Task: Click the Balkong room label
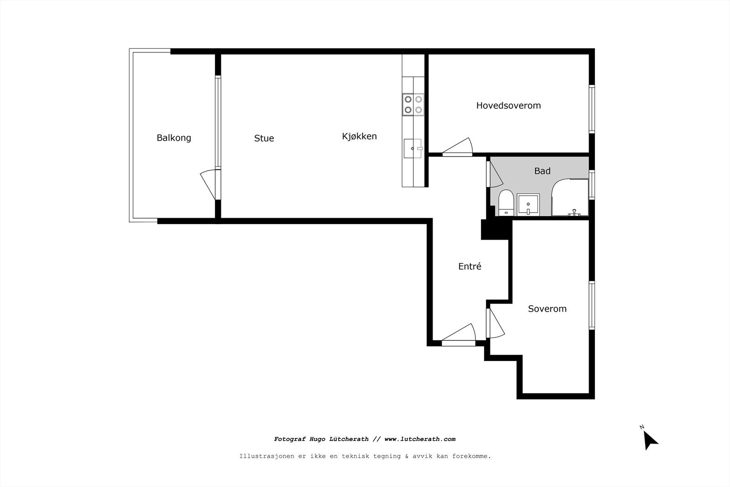(173, 137)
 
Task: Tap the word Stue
(264, 138)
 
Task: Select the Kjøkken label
(359, 136)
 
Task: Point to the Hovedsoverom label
(508, 105)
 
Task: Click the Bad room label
(542, 171)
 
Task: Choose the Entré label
(469, 266)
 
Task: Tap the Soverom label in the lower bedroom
(547, 309)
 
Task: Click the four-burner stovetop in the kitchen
(413, 104)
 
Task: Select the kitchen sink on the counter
(413, 148)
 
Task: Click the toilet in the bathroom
(506, 203)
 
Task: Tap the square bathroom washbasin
(528, 204)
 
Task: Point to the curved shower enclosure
(570, 198)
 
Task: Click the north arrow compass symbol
(650, 439)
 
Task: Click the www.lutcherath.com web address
(420, 439)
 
